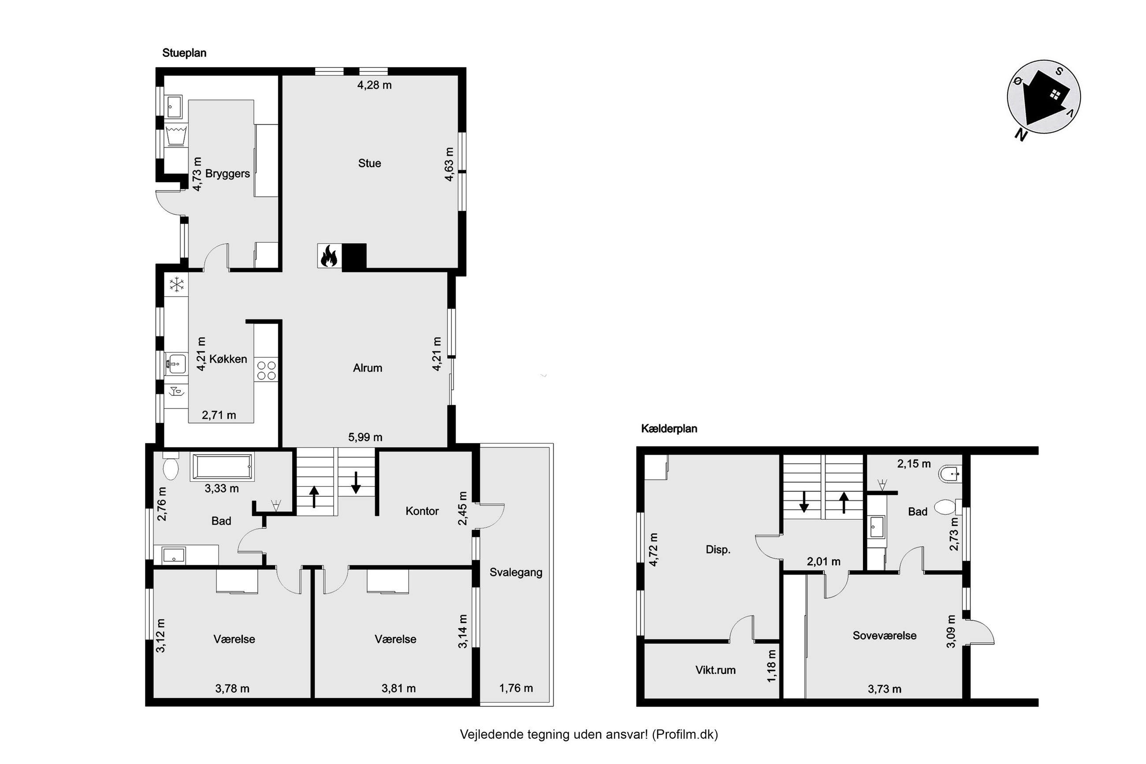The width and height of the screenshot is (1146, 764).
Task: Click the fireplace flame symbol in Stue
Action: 329,256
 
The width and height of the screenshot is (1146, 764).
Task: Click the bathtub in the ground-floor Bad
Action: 223,467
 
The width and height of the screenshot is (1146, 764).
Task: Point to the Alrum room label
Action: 367,368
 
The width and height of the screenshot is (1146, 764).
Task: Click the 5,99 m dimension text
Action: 365,437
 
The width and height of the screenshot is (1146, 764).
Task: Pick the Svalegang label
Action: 516,573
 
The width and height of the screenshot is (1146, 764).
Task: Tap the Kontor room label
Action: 422,511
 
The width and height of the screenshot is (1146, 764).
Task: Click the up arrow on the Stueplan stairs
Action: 315,496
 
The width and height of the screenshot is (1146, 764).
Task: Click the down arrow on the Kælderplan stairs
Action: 804,501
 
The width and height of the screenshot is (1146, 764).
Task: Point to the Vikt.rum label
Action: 715,670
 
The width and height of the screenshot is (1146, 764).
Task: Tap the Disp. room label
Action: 718,550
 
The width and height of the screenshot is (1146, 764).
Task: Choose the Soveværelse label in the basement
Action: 885,635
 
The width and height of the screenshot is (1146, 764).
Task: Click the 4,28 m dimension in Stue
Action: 374,85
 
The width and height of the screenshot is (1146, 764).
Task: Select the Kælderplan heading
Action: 669,429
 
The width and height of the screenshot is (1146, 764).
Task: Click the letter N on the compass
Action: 1020,134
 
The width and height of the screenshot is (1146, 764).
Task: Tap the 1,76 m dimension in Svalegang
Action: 516,688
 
